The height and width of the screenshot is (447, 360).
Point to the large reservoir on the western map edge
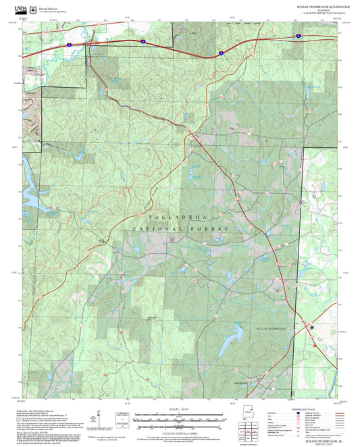pos(28,177)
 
